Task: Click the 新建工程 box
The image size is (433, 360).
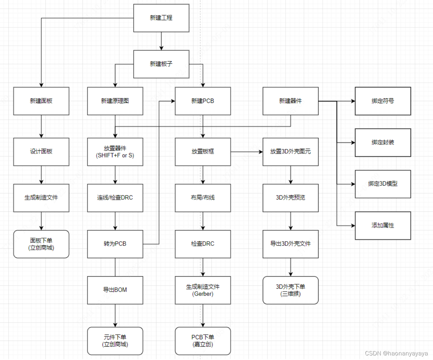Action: [161, 18]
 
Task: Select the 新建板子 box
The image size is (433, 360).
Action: [161, 64]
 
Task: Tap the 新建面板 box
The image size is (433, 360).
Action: [41, 101]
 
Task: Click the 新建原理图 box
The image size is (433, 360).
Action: [115, 101]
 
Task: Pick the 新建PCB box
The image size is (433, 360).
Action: [203, 101]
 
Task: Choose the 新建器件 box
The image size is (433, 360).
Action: [290, 101]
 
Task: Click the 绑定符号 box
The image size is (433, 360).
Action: [383, 101]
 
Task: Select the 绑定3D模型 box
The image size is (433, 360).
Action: [383, 184]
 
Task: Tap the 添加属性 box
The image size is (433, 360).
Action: [383, 225]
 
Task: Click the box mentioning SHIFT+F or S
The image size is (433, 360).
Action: [115, 152]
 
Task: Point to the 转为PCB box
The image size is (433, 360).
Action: [115, 244]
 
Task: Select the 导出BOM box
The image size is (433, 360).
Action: [115, 290]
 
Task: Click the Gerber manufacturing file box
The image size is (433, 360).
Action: [203, 290]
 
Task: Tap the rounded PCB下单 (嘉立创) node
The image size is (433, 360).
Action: [203, 341]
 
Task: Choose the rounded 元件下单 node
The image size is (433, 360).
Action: [115, 341]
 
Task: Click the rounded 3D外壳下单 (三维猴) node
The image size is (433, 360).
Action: [290, 290]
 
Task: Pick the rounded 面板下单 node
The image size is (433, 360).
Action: [41, 244]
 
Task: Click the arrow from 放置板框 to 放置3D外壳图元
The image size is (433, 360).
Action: [247, 152]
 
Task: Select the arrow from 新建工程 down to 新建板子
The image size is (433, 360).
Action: [161, 41]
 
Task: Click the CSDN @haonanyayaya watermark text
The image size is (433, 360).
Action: [396, 353]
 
